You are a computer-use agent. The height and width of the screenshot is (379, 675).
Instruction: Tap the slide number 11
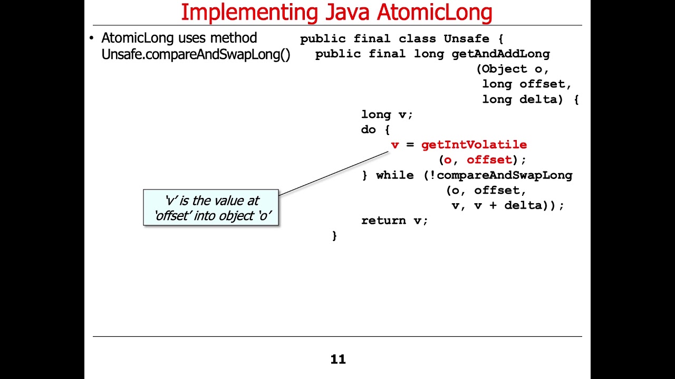tap(338, 360)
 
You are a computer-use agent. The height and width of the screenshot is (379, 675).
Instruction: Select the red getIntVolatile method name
tap(474, 145)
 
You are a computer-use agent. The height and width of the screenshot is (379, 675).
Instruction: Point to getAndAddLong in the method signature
tap(500, 54)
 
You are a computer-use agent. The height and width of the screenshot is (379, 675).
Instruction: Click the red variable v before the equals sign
tap(394, 145)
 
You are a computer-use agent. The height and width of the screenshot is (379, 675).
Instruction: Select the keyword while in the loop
tap(394, 175)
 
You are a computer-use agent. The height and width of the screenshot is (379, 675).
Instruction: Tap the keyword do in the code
tap(368, 129)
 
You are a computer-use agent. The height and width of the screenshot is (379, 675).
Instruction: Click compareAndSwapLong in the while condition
tap(504, 175)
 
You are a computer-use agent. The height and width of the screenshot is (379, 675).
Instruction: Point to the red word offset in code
tap(489, 160)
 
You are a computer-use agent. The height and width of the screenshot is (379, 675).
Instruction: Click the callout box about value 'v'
tap(211, 208)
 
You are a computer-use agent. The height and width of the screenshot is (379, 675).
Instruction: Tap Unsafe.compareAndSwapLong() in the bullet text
tap(196, 55)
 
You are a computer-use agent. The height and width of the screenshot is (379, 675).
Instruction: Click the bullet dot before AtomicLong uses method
tap(91, 38)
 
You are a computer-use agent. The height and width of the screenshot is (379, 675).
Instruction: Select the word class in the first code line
tap(417, 39)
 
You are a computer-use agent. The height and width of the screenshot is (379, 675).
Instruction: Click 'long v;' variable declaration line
tap(387, 115)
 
